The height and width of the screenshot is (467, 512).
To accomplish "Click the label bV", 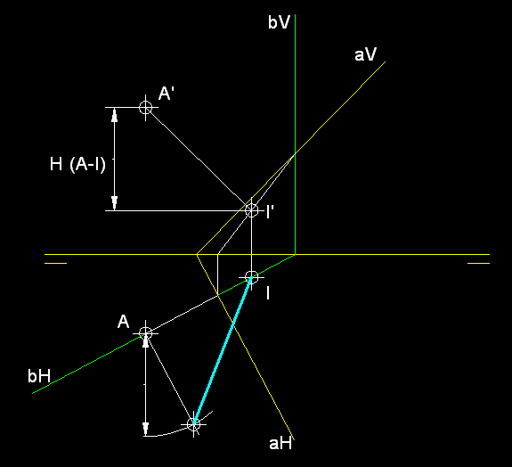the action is (x=279, y=22).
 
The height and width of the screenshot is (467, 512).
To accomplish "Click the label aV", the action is (x=365, y=54).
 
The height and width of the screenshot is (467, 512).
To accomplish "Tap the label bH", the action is (x=39, y=376).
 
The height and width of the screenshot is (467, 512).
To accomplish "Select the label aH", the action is (x=280, y=444).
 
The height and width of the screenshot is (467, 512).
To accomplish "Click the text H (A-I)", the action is (x=77, y=164).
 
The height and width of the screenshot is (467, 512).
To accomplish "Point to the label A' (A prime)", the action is (x=166, y=94).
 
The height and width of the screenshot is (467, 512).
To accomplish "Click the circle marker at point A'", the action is (x=146, y=107).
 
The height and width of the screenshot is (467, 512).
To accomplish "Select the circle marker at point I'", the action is (x=251, y=210).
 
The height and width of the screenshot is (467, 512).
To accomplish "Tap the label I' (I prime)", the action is (x=270, y=211).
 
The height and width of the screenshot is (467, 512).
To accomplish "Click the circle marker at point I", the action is (x=251, y=277).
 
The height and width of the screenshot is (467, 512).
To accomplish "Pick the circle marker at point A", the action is (x=146, y=333).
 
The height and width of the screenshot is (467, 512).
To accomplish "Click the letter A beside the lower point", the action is (x=123, y=322).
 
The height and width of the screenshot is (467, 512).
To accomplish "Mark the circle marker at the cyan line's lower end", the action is (x=193, y=424).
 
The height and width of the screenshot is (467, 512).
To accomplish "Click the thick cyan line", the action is (x=223, y=351).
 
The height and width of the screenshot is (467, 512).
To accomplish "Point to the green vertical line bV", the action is (x=296, y=134).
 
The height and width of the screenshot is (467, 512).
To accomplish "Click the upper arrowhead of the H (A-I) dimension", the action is (x=114, y=115).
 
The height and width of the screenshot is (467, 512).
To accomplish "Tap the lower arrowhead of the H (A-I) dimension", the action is (x=114, y=203).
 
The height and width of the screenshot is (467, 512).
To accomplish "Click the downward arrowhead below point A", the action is (x=146, y=429).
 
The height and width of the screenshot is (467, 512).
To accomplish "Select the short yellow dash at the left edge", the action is (x=55, y=263).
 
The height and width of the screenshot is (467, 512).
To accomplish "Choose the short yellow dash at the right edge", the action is (x=478, y=263).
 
